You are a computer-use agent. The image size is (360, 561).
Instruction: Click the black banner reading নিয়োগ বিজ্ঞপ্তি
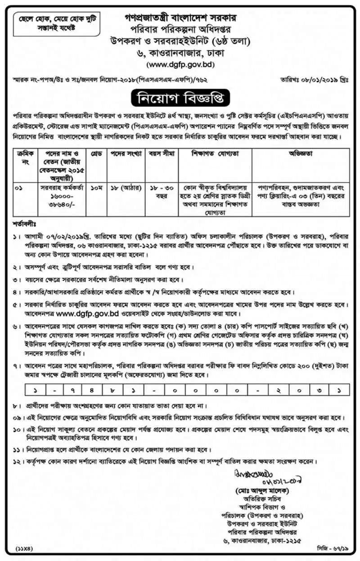tap(180, 97)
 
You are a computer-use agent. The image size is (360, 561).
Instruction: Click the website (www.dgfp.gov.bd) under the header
tap(180, 64)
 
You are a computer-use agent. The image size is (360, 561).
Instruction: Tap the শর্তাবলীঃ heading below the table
tap(25, 224)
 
